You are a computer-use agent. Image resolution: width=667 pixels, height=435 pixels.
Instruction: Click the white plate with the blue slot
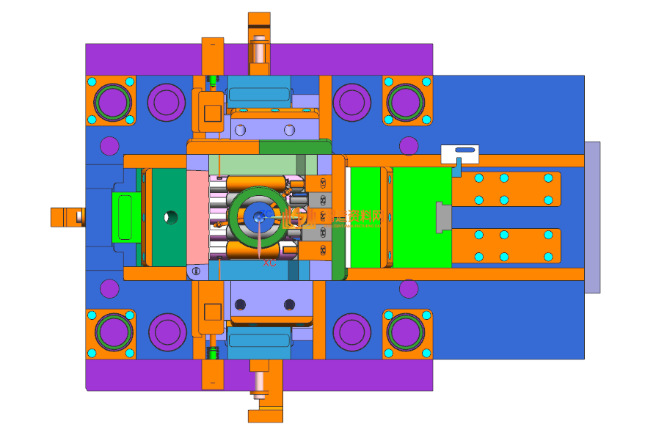(460, 154)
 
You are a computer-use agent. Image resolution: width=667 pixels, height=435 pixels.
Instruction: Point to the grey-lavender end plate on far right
(592, 217)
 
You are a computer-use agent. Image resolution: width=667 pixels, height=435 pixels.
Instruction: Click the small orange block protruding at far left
(65, 216)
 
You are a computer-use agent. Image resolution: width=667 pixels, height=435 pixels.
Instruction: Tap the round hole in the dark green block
(170, 216)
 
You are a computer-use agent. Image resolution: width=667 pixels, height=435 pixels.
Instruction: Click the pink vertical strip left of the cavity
(198, 217)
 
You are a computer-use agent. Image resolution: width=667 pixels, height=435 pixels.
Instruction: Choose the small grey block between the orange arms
(443, 217)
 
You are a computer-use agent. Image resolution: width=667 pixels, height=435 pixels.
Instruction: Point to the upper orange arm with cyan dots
(506, 189)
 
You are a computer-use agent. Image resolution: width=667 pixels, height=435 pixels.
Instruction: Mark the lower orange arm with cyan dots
(506, 246)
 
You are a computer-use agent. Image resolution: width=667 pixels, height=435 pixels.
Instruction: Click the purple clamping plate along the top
(147, 59)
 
